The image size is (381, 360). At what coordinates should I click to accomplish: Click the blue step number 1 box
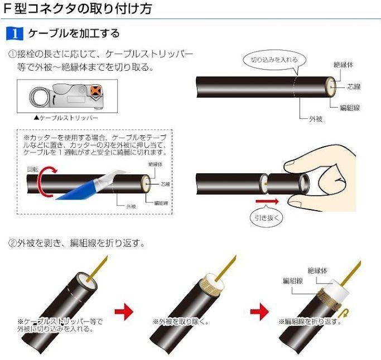point(15,33)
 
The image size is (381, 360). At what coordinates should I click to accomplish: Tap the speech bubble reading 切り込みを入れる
point(274,60)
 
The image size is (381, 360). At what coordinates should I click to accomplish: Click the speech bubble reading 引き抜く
point(267,217)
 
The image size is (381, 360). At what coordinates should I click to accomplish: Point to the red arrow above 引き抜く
point(267,201)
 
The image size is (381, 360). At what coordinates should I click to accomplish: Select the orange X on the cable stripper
point(96,90)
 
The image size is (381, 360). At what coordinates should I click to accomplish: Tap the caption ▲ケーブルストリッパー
point(66,118)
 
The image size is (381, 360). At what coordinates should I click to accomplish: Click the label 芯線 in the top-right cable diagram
point(354,87)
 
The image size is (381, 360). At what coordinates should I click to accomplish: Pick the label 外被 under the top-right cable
point(316,119)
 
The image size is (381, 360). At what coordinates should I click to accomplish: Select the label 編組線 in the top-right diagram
point(350,108)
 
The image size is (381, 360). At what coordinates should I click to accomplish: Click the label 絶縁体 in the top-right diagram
point(343,65)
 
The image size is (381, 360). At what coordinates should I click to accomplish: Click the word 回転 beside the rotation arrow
point(33,169)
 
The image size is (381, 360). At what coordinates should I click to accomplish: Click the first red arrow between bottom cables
point(124,312)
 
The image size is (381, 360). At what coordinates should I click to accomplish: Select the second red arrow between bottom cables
point(260,312)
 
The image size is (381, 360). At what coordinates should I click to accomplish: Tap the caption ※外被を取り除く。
point(181,322)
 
